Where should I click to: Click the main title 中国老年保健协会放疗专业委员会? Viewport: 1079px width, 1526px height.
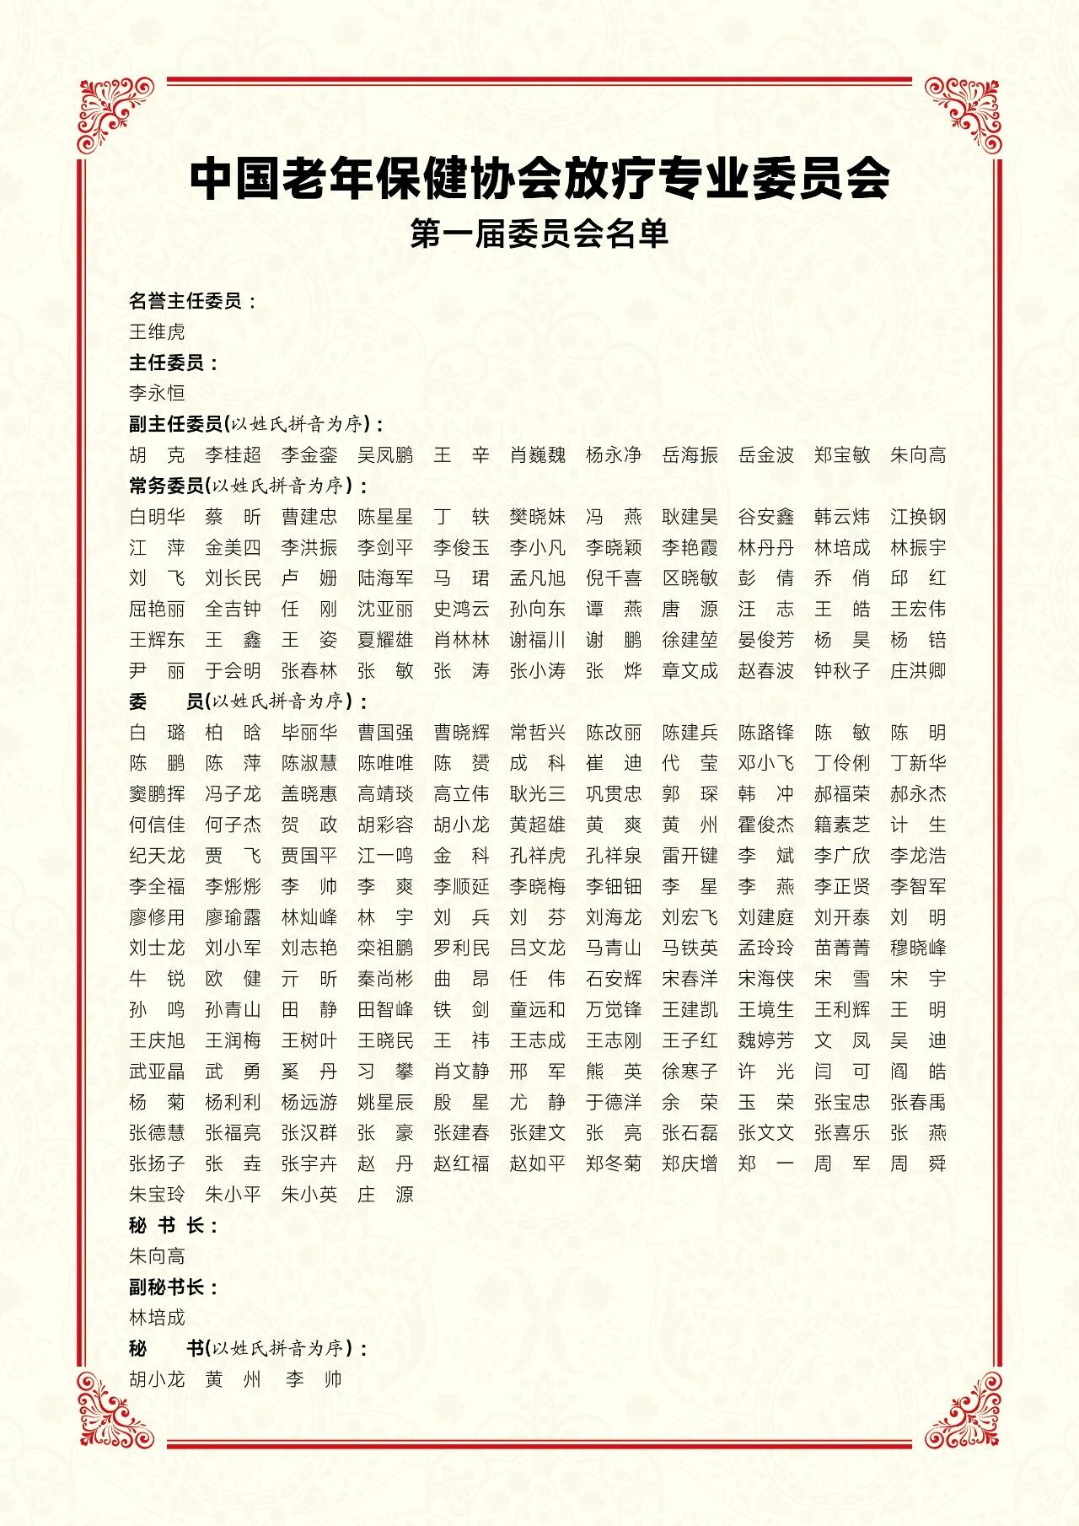click(539, 178)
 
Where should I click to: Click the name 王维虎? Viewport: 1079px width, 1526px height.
click(157, 331)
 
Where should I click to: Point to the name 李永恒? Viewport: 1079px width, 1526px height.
click(157, 393)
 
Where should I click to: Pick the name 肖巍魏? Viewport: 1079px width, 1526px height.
click(538, 455)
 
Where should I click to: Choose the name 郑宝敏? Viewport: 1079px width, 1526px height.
click(842, 455)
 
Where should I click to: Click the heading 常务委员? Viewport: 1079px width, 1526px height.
click(166, 486)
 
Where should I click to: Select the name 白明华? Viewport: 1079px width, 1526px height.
click(157, 517)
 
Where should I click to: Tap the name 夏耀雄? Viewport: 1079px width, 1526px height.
click(385, 640)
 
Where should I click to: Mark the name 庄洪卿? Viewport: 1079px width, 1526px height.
click(918, 671)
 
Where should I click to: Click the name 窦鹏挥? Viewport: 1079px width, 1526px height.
click(157, 794)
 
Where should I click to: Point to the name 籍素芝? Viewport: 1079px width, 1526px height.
click(842, 825)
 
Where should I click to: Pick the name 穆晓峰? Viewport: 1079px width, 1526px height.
click(918, 948)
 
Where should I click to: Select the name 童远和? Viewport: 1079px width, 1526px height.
click(538, 1009)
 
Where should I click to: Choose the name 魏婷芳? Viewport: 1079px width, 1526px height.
click(766, 1040)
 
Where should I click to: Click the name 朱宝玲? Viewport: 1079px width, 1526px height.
click(157, 1194)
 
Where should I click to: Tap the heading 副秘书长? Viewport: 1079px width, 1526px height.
click(173, 1287)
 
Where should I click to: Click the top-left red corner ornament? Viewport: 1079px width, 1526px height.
click(115, 116)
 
